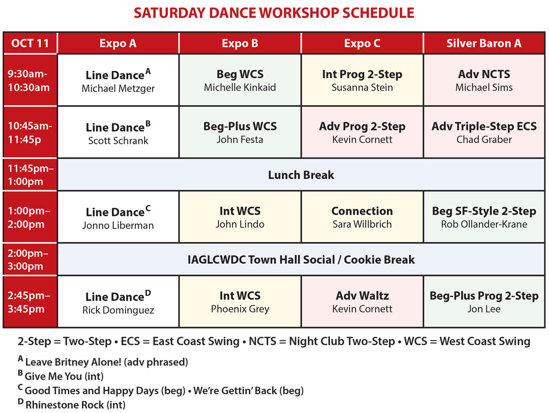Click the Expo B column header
coord(240,43)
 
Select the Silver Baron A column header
coord(484,43)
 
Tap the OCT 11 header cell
coord(30,43)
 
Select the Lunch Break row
coord(301,175)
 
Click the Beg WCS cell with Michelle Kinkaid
coord(240,80)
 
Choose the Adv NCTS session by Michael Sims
coord(484,80)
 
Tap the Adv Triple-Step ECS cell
coord(484,132)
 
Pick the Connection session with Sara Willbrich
coord(362,217)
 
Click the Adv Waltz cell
coord(362,301)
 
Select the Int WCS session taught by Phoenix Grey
coord(240,301)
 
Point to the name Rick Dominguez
coord(118,310)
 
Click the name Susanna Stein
coord(362,87)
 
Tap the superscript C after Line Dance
coord(148,208)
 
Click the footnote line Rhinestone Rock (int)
coord(71,404)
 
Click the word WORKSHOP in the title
coord(298,13)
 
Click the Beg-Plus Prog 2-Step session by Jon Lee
coord(484,301)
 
